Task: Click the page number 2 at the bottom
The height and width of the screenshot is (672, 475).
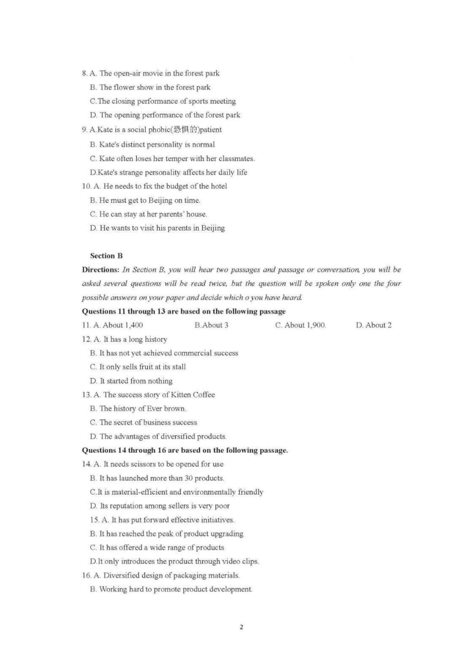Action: point(241,627)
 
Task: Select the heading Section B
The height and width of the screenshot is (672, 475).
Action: point(106,255)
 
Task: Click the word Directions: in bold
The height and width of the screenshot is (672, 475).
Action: point(100,269)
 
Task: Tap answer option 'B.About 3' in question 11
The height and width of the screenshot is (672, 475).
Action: point(211,325)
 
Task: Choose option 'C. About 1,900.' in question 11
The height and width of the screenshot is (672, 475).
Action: point(300,325)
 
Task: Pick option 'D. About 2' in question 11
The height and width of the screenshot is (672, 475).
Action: point(373,325)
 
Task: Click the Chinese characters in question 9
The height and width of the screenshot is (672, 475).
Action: point(185,129)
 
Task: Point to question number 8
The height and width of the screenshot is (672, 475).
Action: point(84,73)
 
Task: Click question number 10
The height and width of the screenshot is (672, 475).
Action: point(86,186)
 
